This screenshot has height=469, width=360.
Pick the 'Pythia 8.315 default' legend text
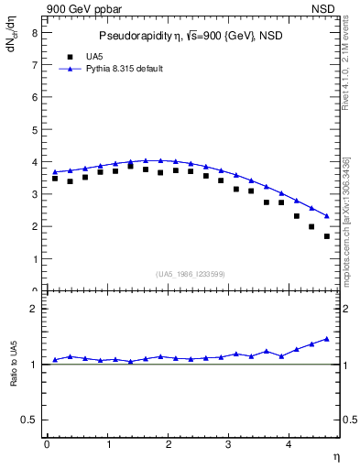pos(125,69)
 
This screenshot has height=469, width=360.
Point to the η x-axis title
pos(336,456)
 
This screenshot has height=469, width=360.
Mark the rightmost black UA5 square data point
pos(327,236)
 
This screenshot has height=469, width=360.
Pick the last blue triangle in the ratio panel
pos(327,338)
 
